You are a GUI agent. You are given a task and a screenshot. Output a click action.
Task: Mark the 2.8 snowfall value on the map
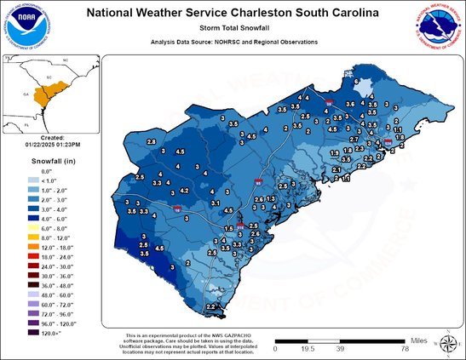tap(152, 140)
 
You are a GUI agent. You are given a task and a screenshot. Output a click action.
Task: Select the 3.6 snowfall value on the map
tap(348, 103)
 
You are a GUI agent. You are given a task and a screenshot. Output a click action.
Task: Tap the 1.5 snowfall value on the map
tap(228, 229)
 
